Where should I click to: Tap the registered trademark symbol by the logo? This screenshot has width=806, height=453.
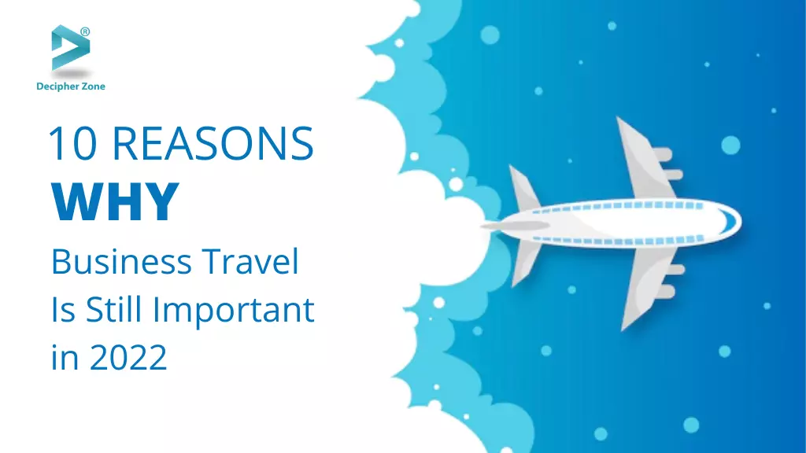point(85,31)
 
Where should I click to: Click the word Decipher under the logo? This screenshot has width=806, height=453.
point(57,87)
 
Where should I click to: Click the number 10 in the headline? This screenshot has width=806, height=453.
point(72,143)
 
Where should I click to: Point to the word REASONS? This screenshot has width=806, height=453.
point(213,143)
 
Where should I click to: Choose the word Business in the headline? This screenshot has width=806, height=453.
point(120,261)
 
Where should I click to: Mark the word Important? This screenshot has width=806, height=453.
point(234,311)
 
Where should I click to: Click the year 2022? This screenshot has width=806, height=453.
point(128,357)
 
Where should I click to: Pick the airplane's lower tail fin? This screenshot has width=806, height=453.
point(525,263)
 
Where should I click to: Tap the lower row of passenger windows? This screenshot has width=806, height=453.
point(618,240)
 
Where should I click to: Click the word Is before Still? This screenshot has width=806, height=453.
point(63,310)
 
